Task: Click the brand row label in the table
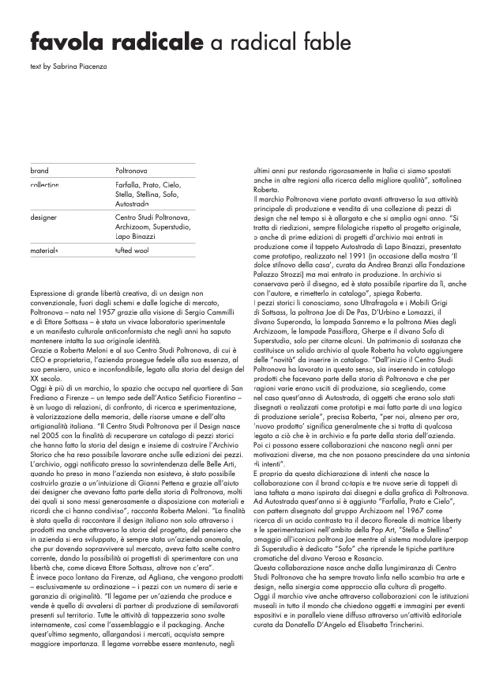pyautogui.click(x=39, y=171)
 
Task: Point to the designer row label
pyautogui.click(x=44, y=216)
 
